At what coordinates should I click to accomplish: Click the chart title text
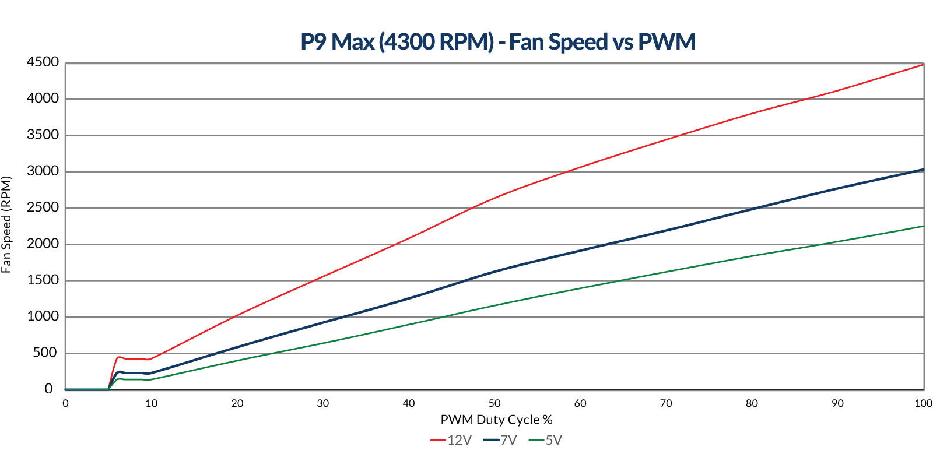[498, 42]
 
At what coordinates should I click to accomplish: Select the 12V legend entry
[451, 440]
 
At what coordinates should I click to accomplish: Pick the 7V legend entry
[500, 440]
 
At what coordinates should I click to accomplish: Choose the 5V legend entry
[546, 440]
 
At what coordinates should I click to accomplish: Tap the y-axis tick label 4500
[43, 62]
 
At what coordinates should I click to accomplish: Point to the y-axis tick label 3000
[43, 171]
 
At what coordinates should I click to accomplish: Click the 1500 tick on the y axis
[43, 280]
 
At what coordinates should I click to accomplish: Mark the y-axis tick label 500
[47, 353]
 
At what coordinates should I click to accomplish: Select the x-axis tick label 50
[494, 403]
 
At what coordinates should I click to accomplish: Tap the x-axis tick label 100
[923, 403]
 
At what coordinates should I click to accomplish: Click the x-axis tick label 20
[237, 403]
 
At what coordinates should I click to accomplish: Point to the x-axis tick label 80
[752, 403]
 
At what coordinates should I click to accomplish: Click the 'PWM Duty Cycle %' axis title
[496, 420]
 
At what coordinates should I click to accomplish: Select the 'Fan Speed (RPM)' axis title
[7, 224]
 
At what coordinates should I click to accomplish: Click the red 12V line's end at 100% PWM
[923, 65]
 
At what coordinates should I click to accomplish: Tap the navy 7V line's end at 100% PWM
[923, 170]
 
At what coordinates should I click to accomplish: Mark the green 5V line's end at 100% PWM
[923, 226]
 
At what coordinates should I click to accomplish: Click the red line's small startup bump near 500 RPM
[120, 357]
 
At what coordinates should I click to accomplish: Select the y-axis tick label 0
[49, 389]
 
